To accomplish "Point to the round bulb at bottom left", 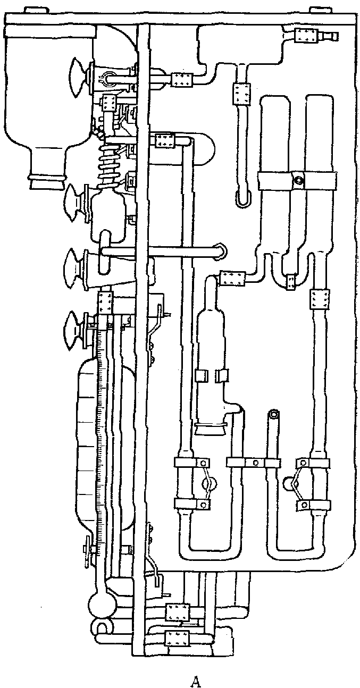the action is [98, 602].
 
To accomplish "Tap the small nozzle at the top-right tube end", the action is [329, 36].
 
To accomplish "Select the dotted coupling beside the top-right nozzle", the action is [306, 37].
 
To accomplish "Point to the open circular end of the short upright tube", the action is [274, 414].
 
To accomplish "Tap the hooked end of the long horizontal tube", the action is [220, 251].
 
